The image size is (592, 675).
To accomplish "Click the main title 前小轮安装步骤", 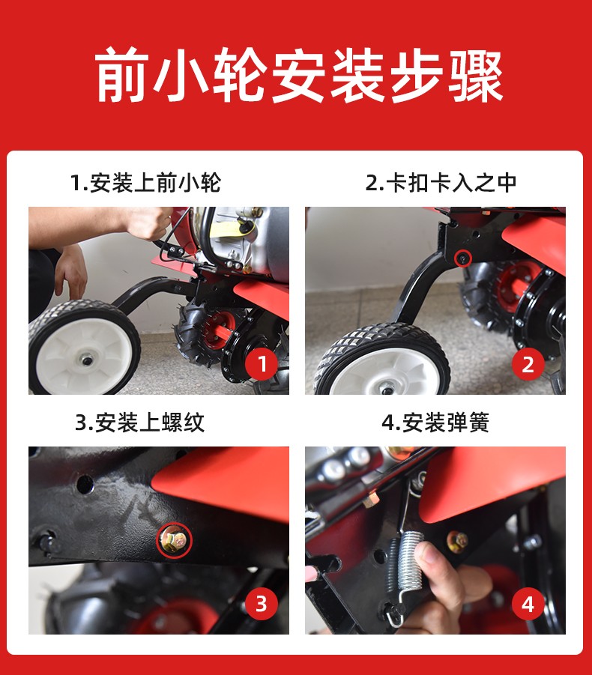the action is coord(299,75).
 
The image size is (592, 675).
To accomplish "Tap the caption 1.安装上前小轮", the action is coord(145,183).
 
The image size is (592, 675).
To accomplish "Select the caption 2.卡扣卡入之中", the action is coord(441,183).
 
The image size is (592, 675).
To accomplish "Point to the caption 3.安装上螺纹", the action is coord(139,423).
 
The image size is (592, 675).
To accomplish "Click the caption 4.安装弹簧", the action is coord(435,423).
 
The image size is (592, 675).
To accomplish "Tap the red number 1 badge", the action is coord(262,364).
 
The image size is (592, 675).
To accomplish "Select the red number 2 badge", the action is coord(528,364).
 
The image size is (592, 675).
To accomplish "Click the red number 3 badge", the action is coord(261,603).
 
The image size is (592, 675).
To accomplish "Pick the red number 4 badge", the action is coord(528,604).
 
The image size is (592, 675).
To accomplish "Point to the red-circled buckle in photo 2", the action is coord(463,258).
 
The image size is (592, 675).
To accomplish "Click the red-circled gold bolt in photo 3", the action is coord(174,539).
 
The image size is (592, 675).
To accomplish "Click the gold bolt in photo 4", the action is coord(457,541).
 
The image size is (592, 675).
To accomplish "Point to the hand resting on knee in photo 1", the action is coord(70,270).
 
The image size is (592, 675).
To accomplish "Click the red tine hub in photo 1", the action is coord(219,330).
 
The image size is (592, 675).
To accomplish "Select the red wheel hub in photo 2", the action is coord(518,287).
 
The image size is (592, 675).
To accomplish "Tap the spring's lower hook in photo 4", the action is coord(395,611).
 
